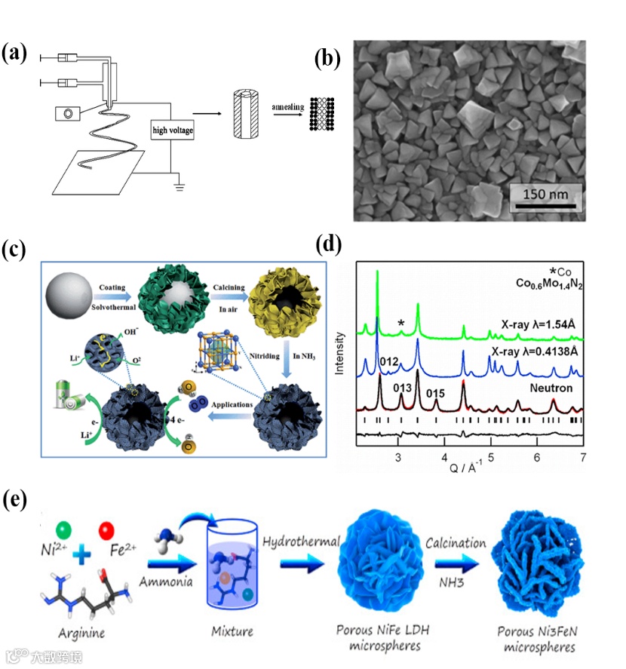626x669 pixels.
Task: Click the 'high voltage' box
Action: tap(173, 130)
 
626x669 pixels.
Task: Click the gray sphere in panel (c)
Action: tap(70, 295)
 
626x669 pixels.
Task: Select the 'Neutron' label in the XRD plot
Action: tap(554, 388)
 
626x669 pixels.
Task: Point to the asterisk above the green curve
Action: tap(402, 324)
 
